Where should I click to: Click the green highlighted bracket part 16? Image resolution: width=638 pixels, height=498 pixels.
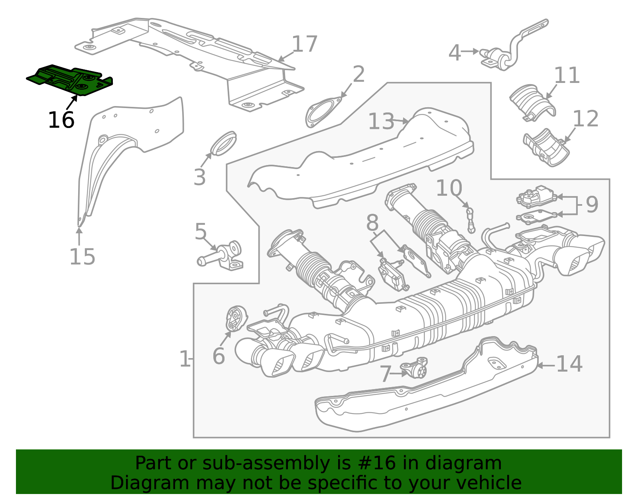[x=70, y=80]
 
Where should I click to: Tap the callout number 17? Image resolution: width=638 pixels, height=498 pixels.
[x=305, y=44]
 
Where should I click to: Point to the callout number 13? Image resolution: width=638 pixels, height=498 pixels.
[x=381, y=121]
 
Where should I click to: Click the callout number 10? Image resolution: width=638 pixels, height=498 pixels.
[x=449, y=188]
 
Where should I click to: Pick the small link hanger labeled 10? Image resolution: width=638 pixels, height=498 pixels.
[x=471, y=220]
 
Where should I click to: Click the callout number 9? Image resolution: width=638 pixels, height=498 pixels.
[x=592, y=205]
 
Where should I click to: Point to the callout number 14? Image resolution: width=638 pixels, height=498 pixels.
[x=569, y=364]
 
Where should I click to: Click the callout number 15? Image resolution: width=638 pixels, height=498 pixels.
[x=82, y=256]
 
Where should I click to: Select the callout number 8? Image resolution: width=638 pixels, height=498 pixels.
[x=372, y=223]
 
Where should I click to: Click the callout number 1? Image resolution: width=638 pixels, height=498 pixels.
[x=184, y=359]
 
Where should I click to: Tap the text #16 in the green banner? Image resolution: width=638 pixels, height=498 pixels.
[x=377, y=463]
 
